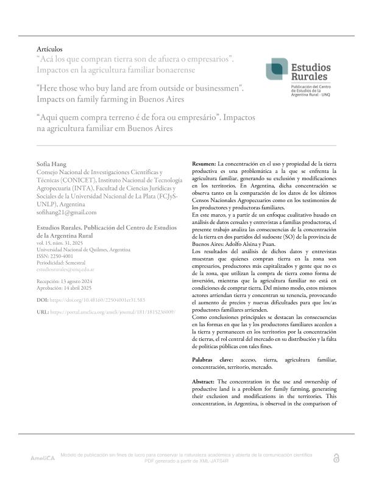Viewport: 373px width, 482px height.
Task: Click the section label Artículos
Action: pyautogui.click(x=49, y=49)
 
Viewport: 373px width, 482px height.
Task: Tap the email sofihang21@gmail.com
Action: pyautogui.click(x=66, y=212)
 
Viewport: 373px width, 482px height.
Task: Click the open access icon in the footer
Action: pyautogui.click(x=336, y=458)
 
